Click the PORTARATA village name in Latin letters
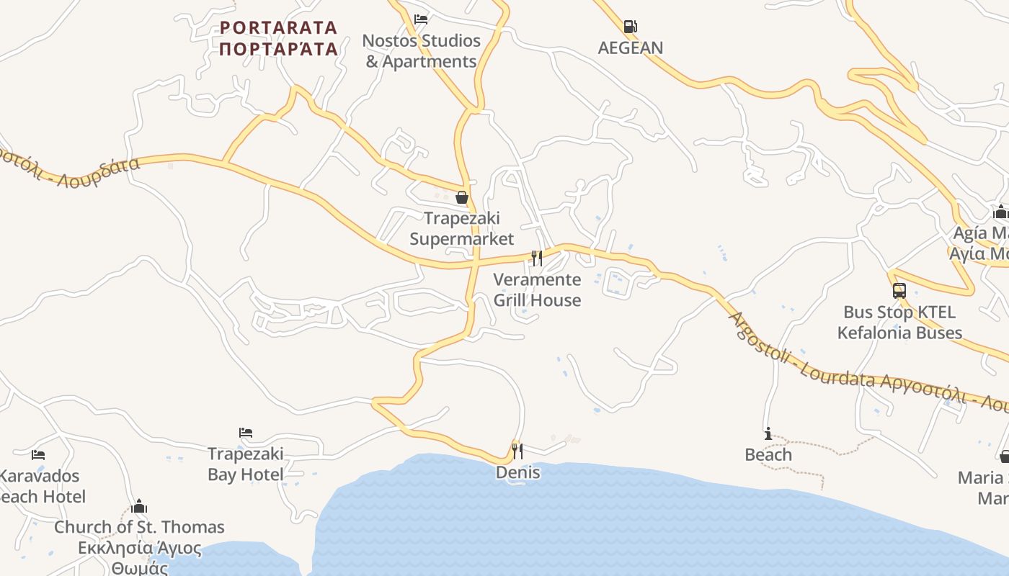[278, 27]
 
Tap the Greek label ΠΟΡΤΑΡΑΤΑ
[278, 49]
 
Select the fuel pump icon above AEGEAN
[630, 27]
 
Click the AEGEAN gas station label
[631, 48]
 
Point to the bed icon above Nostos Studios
[421, 19]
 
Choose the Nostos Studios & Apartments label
[421, 51]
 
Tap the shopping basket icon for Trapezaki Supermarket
[462, 197]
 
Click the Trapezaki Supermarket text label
[462, 228]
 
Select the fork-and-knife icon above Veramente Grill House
[537, 258]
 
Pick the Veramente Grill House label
[537, 289]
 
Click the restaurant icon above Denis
[517, 451]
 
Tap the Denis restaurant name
[517, 472]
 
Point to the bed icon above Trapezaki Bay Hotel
[246, 433]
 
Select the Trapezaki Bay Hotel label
[246, 464]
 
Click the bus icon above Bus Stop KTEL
[899, 291]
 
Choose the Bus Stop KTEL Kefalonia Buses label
[899, 323]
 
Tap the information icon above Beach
[768, 433]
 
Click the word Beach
[768, 455]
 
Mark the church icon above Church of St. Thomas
[139, 506]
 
